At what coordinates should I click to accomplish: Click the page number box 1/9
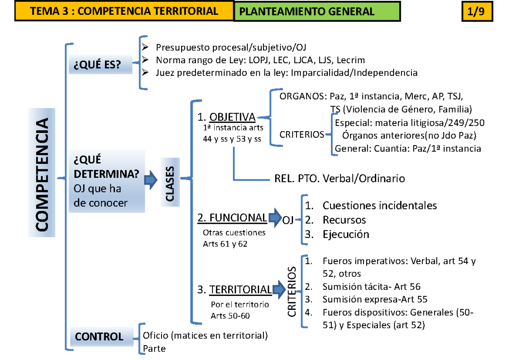(x=477, y=12)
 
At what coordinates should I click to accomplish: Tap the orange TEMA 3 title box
(x=124, y=11)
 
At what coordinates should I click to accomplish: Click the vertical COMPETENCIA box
(x=42, y=172)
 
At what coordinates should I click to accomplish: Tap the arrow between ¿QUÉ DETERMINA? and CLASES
(x=150, y=180)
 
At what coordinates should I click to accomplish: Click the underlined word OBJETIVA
(x=232, y=117)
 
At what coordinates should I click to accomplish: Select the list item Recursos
(x=344, y=220)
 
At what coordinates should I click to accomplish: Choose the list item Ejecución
(x=346, y=234)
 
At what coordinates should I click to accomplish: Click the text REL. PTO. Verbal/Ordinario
(x=337, y=179)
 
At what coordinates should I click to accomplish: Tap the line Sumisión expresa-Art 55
(x=375, y=299)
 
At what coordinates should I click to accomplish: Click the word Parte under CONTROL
(x=154, y=349)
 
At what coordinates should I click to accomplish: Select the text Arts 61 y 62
(x=225, y=244)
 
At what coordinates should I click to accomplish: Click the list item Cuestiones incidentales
(x=379, y=206)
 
